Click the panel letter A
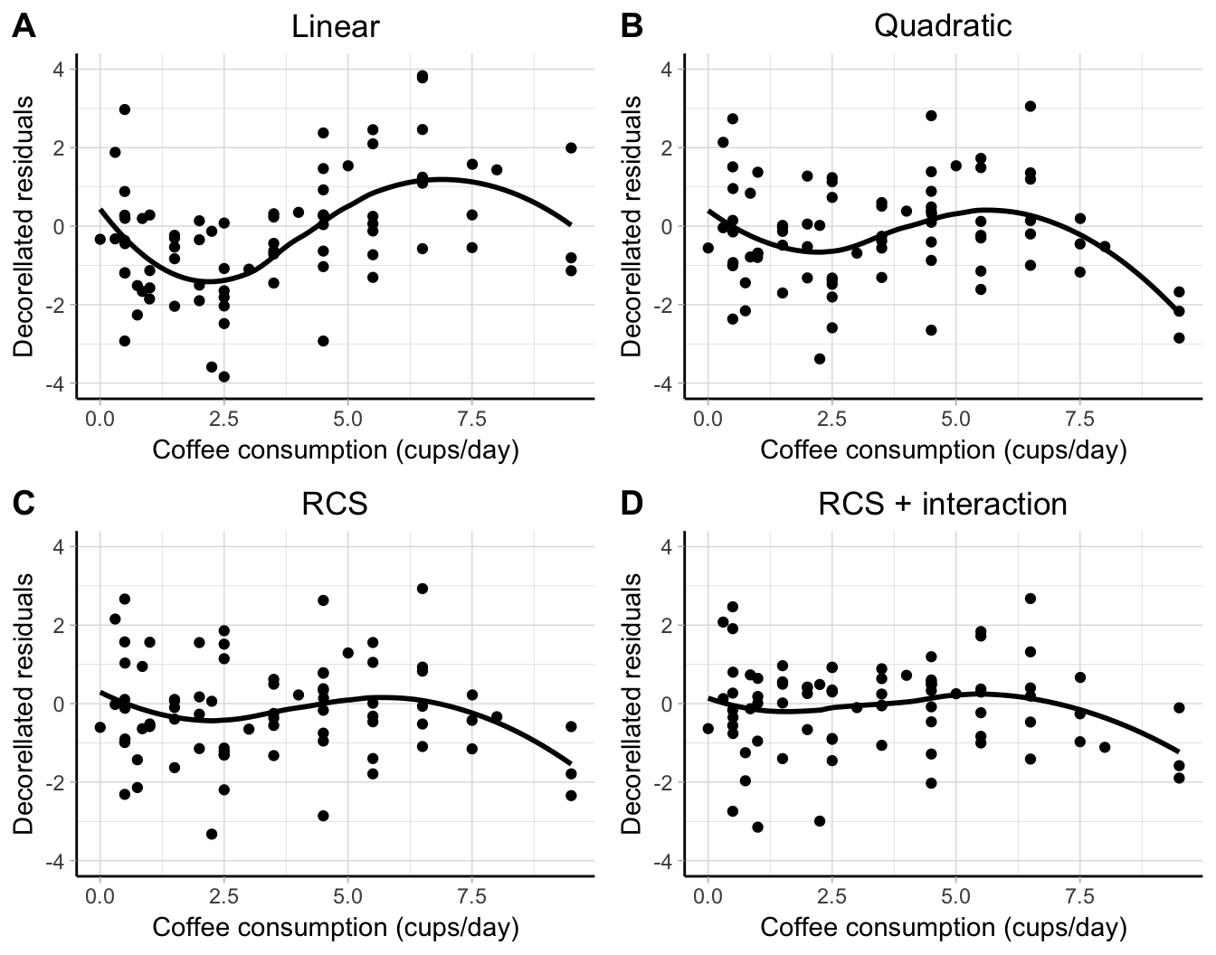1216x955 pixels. point(24,27)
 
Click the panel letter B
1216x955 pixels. point(632,27)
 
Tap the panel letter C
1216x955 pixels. point(24,504)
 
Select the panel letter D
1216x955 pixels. point(632,504)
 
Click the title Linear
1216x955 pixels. point(335,26)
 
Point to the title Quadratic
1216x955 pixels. point(943,26)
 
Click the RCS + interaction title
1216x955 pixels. point(943,504)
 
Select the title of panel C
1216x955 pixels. point(335,504)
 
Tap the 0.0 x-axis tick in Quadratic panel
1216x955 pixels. point(708,420)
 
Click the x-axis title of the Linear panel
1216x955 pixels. point(335,449)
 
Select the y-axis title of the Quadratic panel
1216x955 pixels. point(632,226)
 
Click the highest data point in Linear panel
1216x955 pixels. point(423,76)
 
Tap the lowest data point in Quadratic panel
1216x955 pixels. point(820,359)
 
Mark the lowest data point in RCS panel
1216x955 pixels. point(212,834)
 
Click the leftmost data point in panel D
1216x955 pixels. point(708,729)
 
